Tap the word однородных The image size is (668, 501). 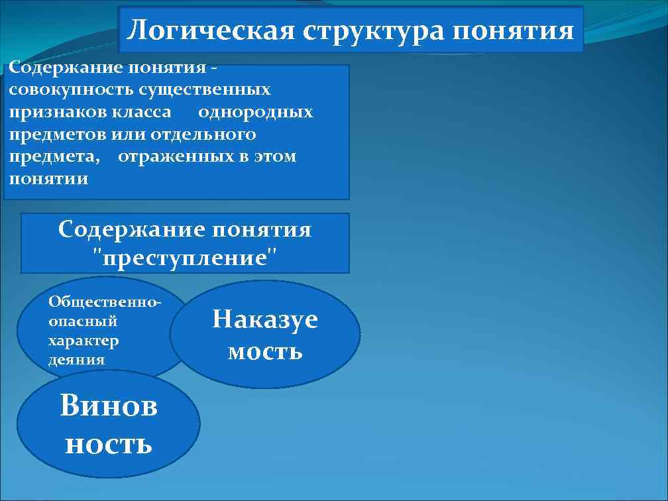click(255, 112)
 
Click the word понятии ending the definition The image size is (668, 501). click(48, 180)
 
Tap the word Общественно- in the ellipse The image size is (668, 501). click(105, 302)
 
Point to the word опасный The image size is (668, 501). click(83, 321)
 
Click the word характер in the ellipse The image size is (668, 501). click(83, 341)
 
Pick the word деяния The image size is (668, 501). click(77, 360)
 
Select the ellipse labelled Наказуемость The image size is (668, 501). click(265, 335)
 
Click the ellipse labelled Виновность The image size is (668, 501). click(108, 424)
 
